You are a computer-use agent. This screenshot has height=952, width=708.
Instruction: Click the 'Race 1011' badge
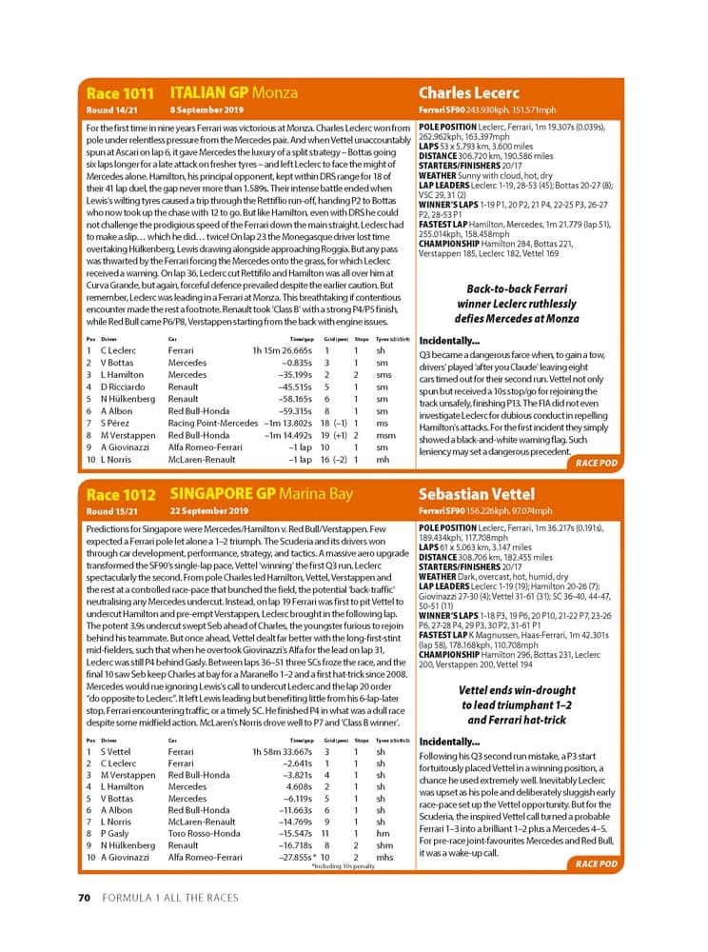tap(120, 93)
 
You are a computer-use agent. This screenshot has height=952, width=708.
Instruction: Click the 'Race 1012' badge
tap(120, 495)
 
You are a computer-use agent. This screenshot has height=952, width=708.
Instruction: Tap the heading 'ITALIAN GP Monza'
tap(233, 93)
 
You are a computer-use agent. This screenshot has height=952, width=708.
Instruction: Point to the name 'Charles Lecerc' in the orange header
tap(469, 93)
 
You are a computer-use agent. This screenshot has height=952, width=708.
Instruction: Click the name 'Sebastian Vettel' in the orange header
tap(476, 495)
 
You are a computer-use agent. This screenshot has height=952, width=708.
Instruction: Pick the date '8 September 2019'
tap(206, 110)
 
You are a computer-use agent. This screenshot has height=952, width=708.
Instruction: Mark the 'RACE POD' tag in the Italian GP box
tap(596, 464)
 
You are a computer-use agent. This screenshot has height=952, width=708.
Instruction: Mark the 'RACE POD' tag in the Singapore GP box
tap(596, 864)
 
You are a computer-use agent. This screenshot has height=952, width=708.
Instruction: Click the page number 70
tap(84, 897)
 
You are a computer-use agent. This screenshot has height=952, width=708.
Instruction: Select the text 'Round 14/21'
tap(112, 110)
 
